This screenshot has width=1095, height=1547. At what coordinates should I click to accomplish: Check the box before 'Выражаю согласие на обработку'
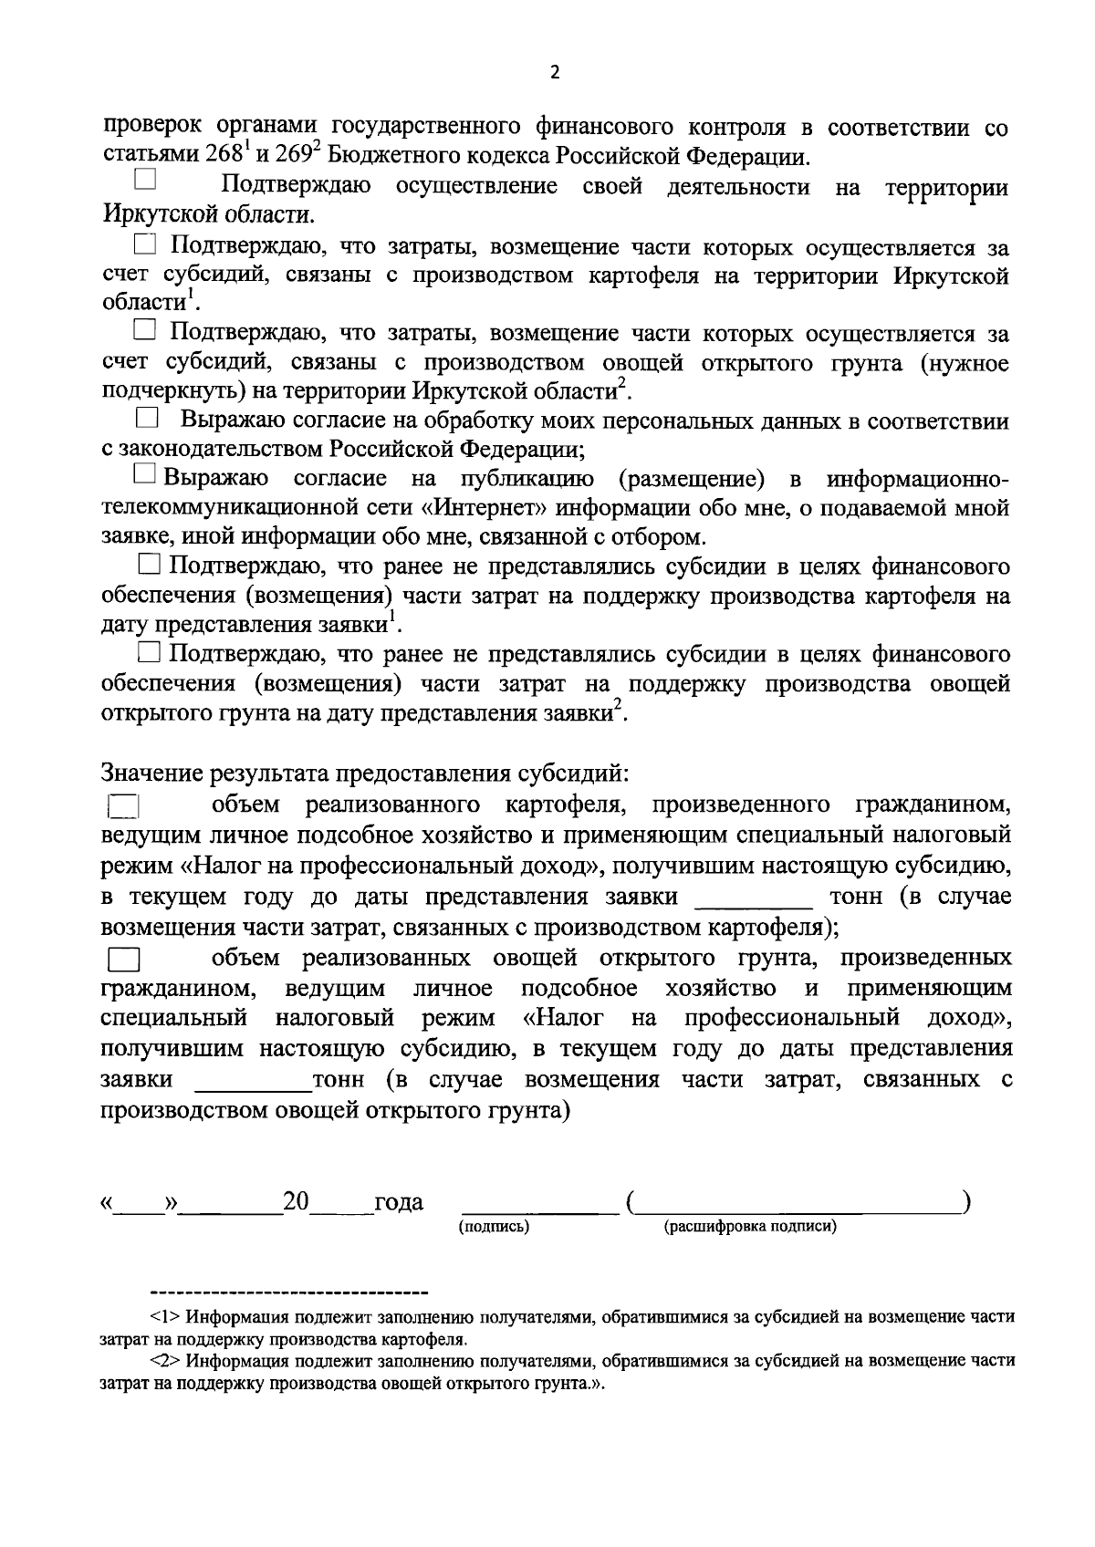click(x=146, y=419)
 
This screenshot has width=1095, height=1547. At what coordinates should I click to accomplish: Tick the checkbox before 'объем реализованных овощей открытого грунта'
click(x=123, y=960)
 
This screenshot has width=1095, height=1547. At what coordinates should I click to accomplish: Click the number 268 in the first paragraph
click(x=221, y=155)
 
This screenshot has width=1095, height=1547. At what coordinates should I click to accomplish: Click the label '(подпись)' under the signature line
click(x=494, y=1227)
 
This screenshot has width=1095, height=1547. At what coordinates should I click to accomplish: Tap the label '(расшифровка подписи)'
click(x=750, y=1227)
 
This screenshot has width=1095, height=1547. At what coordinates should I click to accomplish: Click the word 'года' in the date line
click(x=399, y=1202)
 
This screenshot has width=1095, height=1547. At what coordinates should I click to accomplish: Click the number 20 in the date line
click(x=297, y=1200)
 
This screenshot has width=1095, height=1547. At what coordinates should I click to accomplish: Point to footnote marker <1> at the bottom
click(x=165, y=1317)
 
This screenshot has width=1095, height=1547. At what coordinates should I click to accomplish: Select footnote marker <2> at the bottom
click(x=165, y=1361)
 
